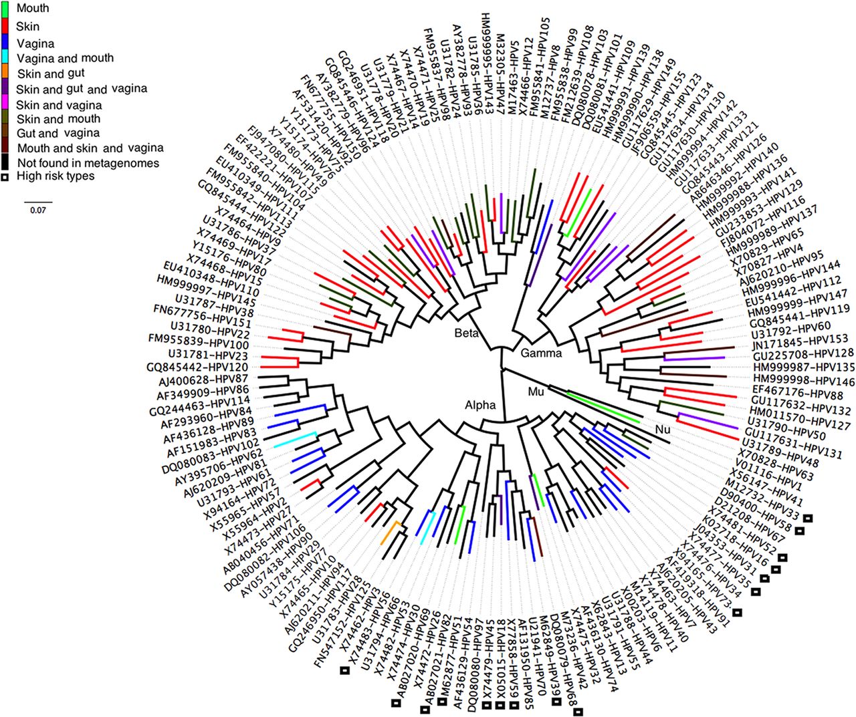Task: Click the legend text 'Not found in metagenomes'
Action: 88,163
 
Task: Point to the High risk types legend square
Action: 5,177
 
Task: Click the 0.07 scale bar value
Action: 38,210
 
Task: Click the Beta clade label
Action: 467,333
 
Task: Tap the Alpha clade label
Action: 480,405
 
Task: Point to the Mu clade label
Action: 536,392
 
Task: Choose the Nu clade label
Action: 663,430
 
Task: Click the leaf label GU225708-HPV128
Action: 803,353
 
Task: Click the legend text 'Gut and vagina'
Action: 58,133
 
